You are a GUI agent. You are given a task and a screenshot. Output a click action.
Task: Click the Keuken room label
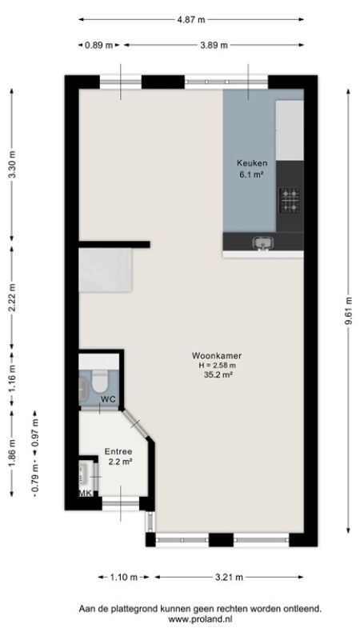(252, 163)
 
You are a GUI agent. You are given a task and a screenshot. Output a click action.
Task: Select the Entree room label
(118, 452)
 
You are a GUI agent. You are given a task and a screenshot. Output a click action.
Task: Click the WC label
(108, 398)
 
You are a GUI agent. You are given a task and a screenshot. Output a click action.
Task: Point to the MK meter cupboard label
(86, 494)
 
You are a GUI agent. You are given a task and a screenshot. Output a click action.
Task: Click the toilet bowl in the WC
(99, 381)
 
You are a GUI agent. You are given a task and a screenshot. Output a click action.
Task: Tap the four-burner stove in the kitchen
(290, 200)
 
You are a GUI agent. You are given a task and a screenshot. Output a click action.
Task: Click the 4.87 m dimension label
(191, 19)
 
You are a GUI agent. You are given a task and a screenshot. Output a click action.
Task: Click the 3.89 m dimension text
(214, 46)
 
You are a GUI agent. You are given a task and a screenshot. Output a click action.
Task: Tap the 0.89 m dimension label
(98, 46)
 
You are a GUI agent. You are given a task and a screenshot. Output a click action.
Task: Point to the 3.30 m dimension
(12, 164)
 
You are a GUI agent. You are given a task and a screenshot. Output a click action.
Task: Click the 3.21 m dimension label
(229, 577)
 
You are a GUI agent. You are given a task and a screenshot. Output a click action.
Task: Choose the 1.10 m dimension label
(124, 577)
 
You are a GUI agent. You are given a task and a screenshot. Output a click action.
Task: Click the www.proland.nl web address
(200, 619)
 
